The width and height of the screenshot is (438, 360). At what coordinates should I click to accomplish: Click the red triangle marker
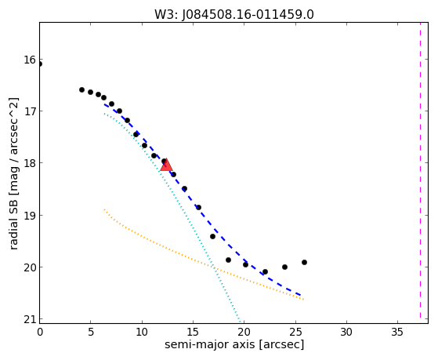[x=166, y=165]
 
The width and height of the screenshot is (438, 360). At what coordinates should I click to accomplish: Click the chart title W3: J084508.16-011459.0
[x=234, y=15]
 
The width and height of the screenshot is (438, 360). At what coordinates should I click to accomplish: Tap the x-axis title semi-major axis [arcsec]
[x=234, y=344]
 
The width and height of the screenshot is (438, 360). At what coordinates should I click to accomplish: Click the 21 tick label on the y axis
[x=31, y=319]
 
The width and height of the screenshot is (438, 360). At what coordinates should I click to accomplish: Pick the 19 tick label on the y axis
[x=31, y=215]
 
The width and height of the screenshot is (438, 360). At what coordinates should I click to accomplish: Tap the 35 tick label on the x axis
[x=397, y=333]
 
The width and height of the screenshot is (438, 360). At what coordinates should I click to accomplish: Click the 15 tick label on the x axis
[x=193, y=333]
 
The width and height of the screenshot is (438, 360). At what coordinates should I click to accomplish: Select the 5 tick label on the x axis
[x=91, y=333]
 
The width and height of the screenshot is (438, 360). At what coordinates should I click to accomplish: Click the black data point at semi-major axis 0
[x=40, y=64]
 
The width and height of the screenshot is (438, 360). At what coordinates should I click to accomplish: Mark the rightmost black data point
[x=304, y=263]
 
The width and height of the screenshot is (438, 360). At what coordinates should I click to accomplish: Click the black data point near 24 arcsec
[x=284, y=267]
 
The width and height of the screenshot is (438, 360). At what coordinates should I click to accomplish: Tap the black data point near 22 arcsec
[x=265, y=271]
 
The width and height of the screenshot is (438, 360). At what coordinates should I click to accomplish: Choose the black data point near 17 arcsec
[x=212, y=236]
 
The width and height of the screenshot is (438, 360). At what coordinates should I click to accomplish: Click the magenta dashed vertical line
[x=420, y=170]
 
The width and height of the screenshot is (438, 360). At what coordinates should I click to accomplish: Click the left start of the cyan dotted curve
[x=104, y=113]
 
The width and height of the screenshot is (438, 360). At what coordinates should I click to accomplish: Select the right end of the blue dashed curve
[x=301, y=296]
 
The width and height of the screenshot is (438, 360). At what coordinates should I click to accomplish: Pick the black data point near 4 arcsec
[x=81, y=89]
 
